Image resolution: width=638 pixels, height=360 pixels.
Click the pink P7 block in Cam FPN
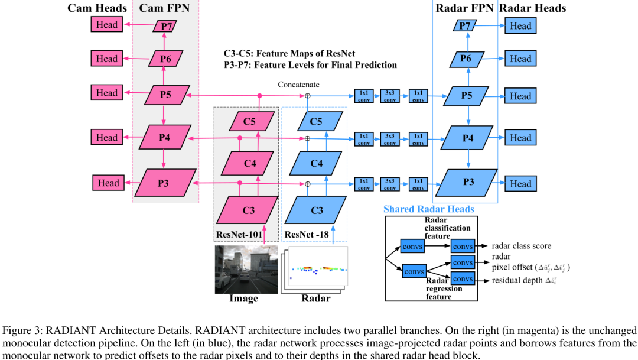(x=164, y=25)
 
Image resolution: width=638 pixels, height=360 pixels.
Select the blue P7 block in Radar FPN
(x=466, y=25)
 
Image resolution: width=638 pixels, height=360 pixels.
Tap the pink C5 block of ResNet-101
(x=250, y=122)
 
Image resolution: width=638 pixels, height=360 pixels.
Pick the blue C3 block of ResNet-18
(x=317, y=210)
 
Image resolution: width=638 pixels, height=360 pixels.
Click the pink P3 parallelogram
(x=163, y=183)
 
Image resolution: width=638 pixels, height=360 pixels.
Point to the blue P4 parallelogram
(x=468, y=138)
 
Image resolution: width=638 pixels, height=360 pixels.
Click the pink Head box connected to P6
(x=107, y=59)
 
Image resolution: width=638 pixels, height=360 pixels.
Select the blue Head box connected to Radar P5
(x=520, y=96)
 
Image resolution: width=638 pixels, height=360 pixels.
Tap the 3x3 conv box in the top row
(x=390, y=96)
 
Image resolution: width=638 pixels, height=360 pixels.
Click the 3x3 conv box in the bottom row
(x=390, y=184)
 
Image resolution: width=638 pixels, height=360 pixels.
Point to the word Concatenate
(x=298, y=85)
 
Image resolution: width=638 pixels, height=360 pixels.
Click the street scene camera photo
(x=246, y=269)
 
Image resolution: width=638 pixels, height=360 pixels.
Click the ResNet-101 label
(x=240, y=234)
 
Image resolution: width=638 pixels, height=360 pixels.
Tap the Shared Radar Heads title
(x=428, y=209)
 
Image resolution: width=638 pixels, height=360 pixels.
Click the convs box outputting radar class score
(x=463, y=246)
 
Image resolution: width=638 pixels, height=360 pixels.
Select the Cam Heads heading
(x=97, y=8)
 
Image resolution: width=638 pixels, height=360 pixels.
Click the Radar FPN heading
(x=465, y=8)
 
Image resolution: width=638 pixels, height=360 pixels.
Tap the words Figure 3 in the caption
(x=22, y=330)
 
